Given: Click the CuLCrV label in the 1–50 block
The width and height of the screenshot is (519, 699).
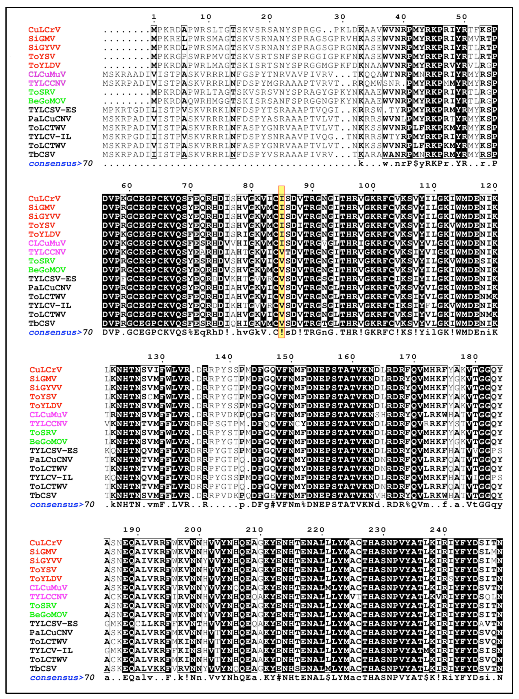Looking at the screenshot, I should (x=44, y=30).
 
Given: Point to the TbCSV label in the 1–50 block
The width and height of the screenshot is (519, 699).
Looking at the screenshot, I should (x=42, y=154).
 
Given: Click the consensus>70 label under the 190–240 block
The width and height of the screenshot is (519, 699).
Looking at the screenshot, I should (x=62, y=678).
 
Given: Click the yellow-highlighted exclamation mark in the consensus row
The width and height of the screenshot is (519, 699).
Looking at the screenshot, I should (x=282, y=332).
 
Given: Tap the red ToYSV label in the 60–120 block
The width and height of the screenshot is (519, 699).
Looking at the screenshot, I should (x=42, y=226).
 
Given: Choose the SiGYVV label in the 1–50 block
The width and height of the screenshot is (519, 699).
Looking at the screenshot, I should (x=44, y=48).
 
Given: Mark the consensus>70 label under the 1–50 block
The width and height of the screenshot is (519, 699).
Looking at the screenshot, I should (x=61, y=164).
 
